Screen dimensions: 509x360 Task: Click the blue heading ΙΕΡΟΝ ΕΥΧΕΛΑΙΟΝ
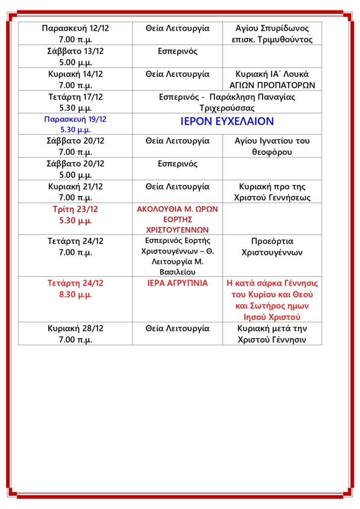[227, 122]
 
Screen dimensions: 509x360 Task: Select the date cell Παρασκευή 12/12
[76, 28]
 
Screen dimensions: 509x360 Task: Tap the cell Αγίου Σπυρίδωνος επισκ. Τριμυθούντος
[272, 34]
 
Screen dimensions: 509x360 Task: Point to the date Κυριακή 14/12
[76, 74]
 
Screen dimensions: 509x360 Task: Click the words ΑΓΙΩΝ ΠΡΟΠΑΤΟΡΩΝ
[272, 85]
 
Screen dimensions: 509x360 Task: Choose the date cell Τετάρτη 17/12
[76, 97]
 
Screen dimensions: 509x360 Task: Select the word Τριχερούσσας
[227, 108]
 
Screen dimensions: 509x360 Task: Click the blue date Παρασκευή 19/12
[76, 119]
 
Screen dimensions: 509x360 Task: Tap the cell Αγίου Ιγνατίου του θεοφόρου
[272, 146]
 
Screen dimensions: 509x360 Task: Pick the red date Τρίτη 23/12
[76, 209]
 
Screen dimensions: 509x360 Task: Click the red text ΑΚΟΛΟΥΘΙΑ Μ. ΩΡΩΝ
[178, 209]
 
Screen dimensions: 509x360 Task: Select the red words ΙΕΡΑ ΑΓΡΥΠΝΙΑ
[178, 283]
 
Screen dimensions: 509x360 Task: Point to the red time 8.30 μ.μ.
[76, 294]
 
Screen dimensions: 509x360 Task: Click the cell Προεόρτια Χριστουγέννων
[272, 247]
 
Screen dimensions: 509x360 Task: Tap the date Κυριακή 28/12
[76, 329]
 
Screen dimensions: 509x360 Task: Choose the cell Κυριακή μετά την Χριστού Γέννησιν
[272, 334]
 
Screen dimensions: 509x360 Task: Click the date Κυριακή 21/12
[76, 187]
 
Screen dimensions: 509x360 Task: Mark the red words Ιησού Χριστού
[272, 317]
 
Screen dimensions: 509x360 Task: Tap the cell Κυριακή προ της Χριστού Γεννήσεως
[272, 192]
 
